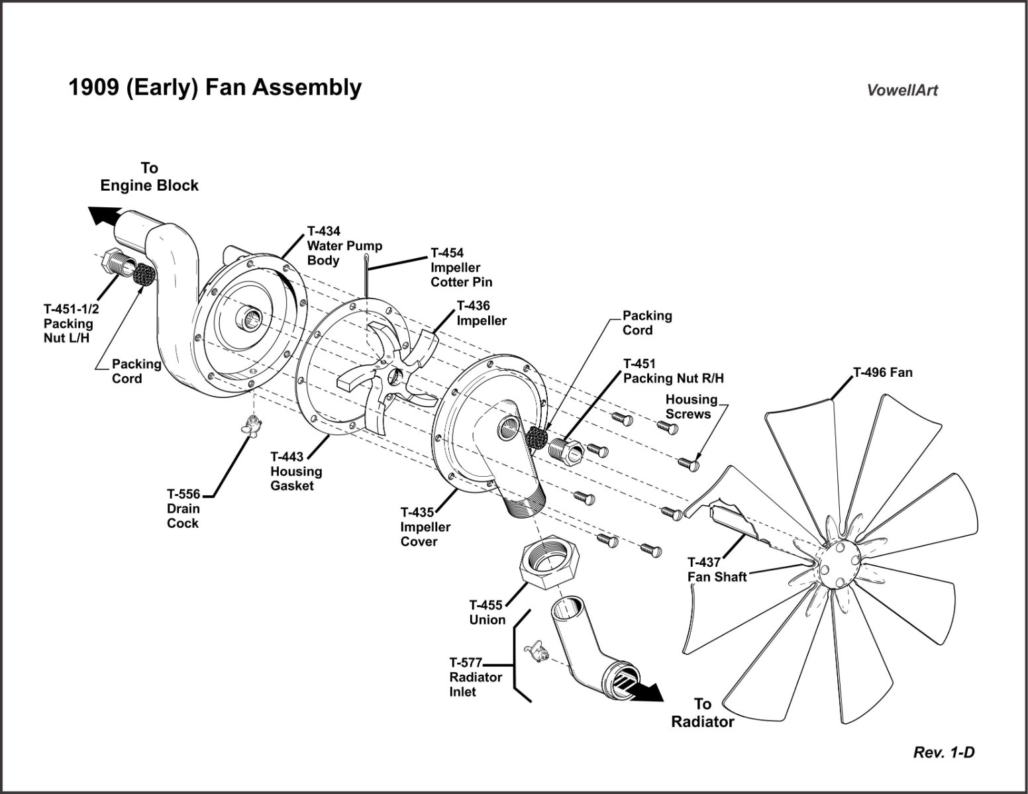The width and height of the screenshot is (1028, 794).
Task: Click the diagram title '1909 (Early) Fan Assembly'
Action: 215,87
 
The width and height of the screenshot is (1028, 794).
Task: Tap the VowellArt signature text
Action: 902,91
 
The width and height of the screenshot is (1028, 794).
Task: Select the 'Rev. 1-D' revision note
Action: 944,752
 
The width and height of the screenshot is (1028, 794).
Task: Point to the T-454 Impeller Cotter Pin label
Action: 461,267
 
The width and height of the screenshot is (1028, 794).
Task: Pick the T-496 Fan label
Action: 882,372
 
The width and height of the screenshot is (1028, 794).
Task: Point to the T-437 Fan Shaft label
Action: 716,570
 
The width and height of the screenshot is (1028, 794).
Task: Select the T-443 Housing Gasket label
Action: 296,471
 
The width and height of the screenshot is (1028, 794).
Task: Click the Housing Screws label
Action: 691,407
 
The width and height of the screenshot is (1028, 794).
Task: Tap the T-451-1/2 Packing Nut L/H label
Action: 68,323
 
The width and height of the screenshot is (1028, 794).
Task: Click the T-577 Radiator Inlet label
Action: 475,677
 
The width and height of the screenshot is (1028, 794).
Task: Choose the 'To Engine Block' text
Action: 149,177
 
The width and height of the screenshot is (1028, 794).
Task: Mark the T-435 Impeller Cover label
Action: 425,526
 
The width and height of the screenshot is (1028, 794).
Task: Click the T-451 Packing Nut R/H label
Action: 673,371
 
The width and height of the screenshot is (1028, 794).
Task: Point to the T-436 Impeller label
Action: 482,313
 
